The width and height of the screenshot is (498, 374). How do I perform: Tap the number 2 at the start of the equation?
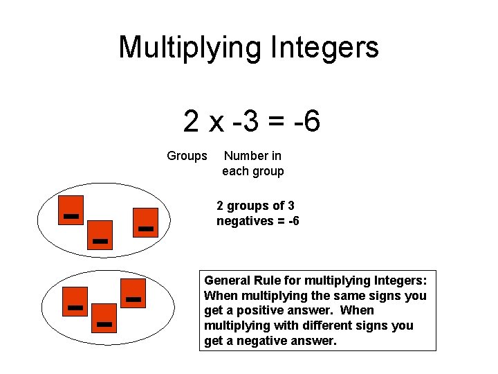pyautogui.click(x=192, y=122)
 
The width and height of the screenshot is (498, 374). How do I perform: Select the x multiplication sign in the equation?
pyautogui.click(x=216, y=123)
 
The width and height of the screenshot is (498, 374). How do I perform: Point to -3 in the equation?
pyautogui.click(x=247, y=122)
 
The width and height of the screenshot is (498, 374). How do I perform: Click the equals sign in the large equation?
pyautogui.click(x=276, y=123)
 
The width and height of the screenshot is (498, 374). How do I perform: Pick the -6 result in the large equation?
pyautogui.click(x=307, y=122)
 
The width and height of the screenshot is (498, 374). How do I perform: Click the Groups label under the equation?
pyautogui.click(x=187, y=157)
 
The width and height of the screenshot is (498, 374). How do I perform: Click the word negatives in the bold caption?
pyautogui.click(x=245, y=221)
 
